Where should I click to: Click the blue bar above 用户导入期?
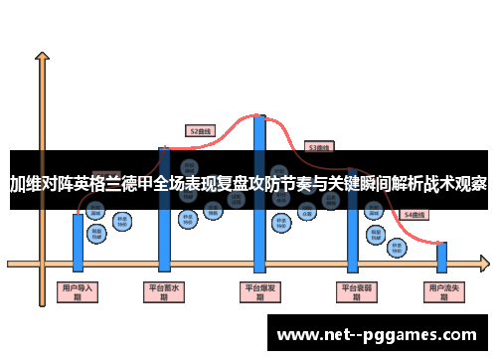click(78, 241)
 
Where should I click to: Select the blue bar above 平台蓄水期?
click(165, 239)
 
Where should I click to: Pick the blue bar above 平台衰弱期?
click(352, 239)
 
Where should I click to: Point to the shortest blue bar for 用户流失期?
click(441, 257)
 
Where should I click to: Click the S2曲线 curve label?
click(201, 129)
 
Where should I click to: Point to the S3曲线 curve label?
click(320, 146)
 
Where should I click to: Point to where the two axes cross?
click(43, 264)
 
